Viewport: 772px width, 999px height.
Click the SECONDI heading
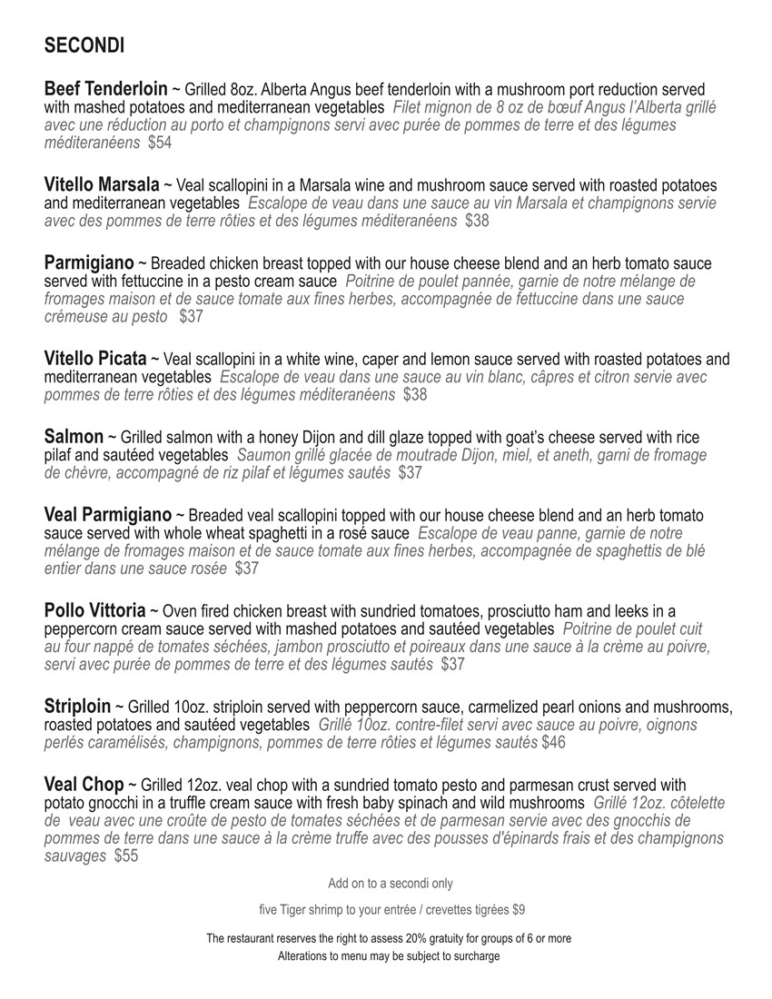84,45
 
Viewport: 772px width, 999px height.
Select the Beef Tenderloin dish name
105,89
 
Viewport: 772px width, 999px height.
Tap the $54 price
160,143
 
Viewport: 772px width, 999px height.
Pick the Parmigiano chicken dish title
89,263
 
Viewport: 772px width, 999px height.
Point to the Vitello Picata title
94,359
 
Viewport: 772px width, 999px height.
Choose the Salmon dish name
74,437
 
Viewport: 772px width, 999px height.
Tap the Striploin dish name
77,706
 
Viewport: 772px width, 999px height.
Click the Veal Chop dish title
84,784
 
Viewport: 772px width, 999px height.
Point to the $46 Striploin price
553,743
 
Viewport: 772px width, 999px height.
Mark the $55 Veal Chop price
126,856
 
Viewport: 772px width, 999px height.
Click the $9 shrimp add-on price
519,909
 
